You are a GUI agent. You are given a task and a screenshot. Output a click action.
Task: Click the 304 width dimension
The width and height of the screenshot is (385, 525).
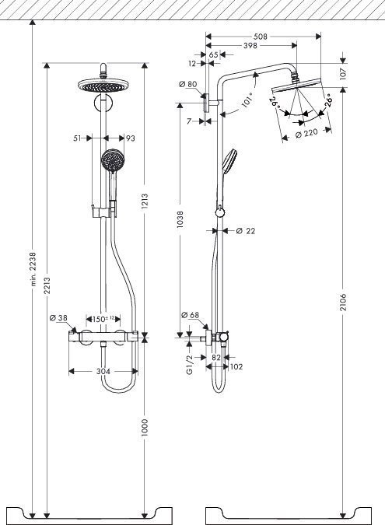coord(103,371)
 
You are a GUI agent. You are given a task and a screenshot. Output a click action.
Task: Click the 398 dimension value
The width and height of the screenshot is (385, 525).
coord(250,46)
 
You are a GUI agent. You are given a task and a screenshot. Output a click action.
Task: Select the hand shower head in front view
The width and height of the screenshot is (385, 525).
coord(111,161)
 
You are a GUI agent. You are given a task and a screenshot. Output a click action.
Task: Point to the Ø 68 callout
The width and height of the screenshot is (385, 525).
coord(189,315)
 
